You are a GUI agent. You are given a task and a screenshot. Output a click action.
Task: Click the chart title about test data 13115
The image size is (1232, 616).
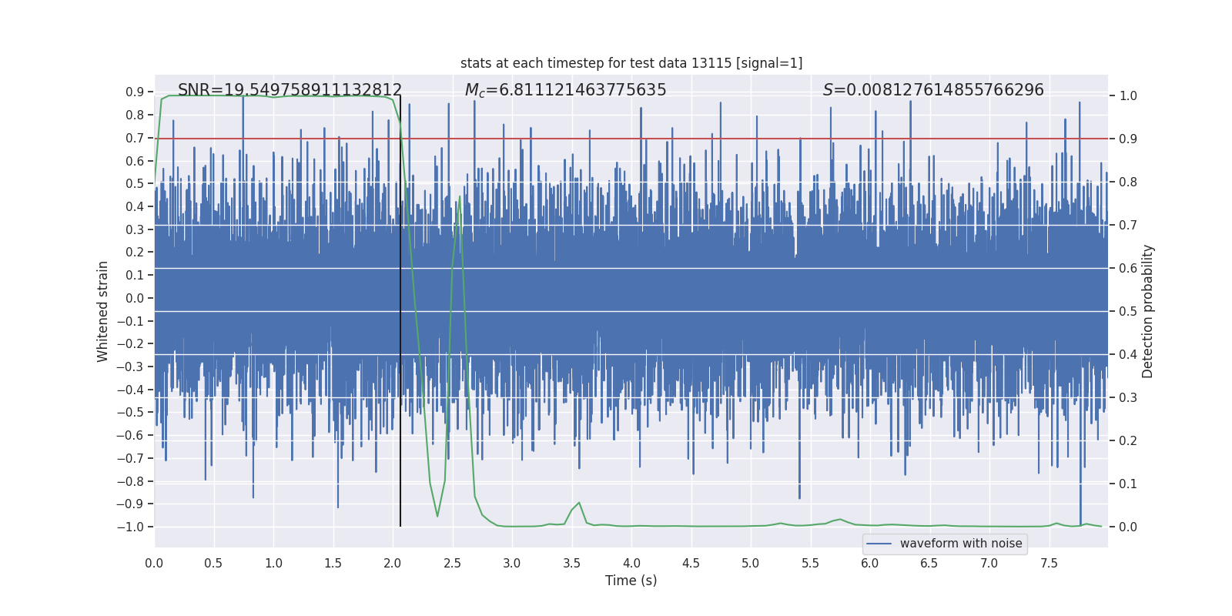(631, 63)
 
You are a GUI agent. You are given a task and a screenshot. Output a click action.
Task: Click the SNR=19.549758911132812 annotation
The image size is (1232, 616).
(290, 90)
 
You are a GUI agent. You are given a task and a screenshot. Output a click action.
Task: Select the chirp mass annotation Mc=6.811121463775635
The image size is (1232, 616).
(565, 90)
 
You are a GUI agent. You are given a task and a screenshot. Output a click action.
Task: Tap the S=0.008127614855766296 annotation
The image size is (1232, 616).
(933, 90)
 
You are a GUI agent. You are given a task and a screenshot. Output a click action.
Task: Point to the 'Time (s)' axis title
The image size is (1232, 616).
(631, 581)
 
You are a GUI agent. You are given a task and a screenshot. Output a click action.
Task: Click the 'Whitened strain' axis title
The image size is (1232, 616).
(103, 311)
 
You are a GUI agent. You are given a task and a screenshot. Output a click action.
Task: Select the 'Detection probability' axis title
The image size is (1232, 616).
(1148, 311)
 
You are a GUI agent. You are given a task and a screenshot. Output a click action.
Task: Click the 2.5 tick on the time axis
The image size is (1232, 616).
(452, 564)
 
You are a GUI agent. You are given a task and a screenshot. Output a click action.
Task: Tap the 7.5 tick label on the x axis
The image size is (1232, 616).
(1049, 564)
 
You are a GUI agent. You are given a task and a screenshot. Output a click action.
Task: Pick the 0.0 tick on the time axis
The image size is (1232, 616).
(154, 564)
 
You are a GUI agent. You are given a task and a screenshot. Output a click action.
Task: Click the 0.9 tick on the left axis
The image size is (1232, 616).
(135, 92)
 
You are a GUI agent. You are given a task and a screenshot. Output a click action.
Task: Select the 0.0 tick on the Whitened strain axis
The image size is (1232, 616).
(135, 299)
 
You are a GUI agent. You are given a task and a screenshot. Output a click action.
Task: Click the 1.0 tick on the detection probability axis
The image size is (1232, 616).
(1128, 96)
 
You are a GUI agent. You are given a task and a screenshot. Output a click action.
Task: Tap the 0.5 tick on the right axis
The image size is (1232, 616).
(1128, 312)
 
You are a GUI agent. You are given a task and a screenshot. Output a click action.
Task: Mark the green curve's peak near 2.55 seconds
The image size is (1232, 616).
(460, 196)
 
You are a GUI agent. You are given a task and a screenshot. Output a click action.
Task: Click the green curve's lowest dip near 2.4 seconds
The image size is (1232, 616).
(437, 516)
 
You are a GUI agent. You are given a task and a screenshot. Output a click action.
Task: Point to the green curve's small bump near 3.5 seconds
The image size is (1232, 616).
(578, 503)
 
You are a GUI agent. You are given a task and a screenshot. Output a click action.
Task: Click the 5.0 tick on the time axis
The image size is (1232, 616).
(751, 564)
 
